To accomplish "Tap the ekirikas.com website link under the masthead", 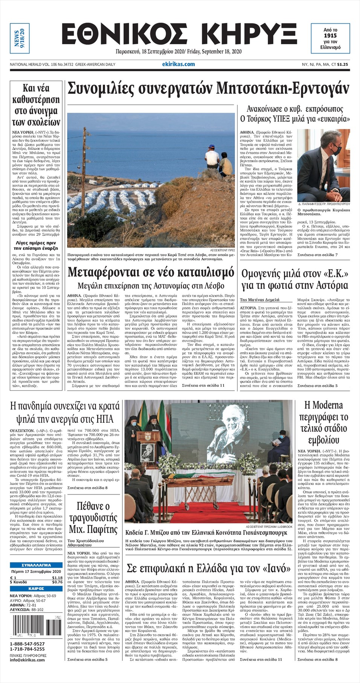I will (x=181, y=64).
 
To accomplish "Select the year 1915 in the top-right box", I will (x=330, y=35).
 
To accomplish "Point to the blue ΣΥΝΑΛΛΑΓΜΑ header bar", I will (x=36, y=565).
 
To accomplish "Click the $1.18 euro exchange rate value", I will (x=57, y=578).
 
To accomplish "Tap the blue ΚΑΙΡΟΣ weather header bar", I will (x=36, y=588).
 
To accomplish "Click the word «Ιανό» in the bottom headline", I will (x=273, y=568).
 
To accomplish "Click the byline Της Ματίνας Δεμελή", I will (x=259, y=299).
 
